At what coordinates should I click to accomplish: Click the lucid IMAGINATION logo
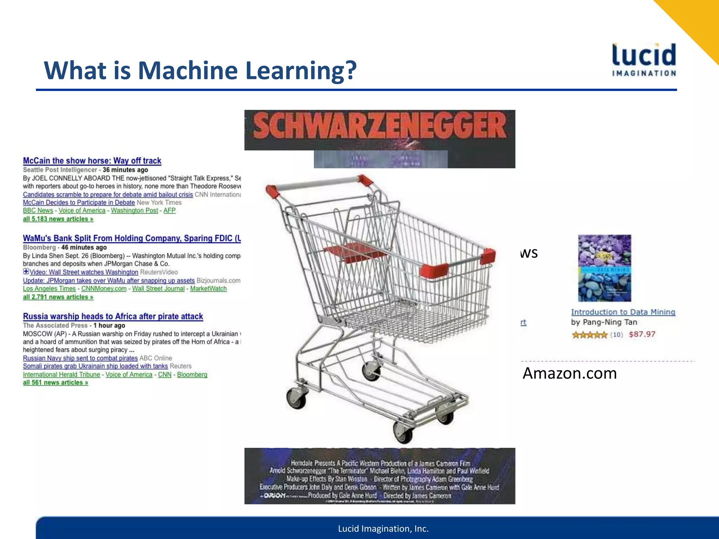644,60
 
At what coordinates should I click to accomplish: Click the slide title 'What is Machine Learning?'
200,71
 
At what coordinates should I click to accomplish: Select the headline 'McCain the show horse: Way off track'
92,161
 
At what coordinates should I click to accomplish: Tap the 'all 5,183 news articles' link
58,219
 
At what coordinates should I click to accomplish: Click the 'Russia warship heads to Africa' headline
113,316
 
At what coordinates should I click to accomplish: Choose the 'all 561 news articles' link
55,382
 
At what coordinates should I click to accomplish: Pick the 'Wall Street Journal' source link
158,288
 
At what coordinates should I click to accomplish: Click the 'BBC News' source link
38,211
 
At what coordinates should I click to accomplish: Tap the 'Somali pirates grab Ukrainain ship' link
95,366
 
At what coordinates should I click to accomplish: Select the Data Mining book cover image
605,268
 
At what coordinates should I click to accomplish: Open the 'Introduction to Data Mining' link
623,312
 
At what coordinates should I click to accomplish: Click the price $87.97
642,334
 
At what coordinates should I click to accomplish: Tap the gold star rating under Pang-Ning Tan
589,335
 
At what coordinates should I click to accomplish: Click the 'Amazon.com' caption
569,373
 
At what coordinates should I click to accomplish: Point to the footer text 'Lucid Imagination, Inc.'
383,528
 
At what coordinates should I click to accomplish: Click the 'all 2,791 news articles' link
58,297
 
